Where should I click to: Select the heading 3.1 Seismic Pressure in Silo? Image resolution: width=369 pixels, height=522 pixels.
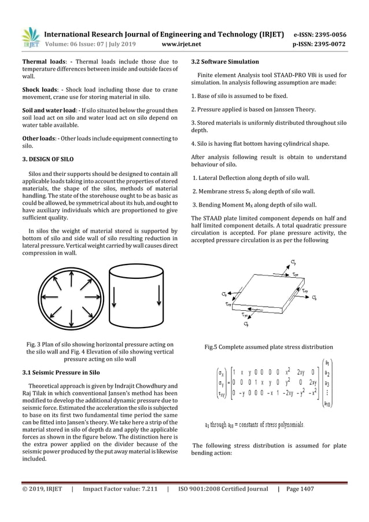click(x=61, y=372)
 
